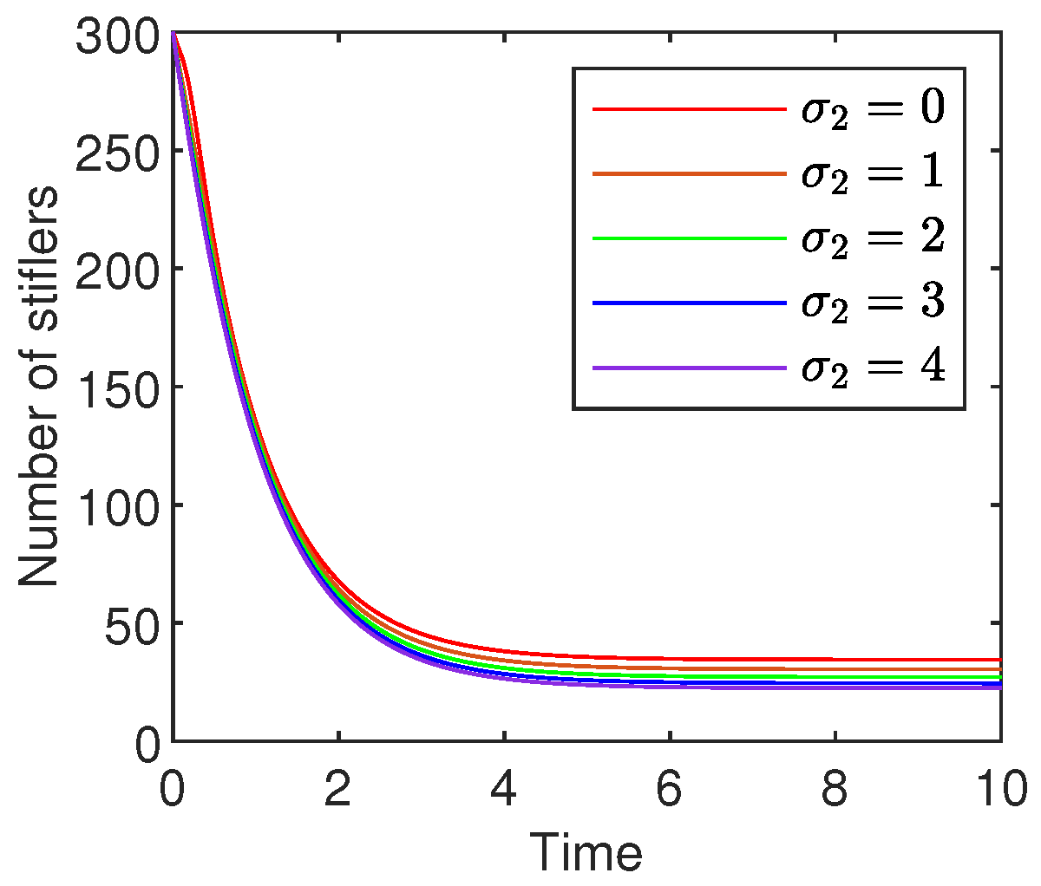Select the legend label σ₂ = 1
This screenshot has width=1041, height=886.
[x=871, y=173]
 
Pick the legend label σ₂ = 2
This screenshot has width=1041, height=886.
[x=871, y=238]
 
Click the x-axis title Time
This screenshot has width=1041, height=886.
[x=586, y=852]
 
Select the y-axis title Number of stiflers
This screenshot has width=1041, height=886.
[x=39, y=386]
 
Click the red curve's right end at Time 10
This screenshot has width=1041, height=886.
[x=1000, y=660]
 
